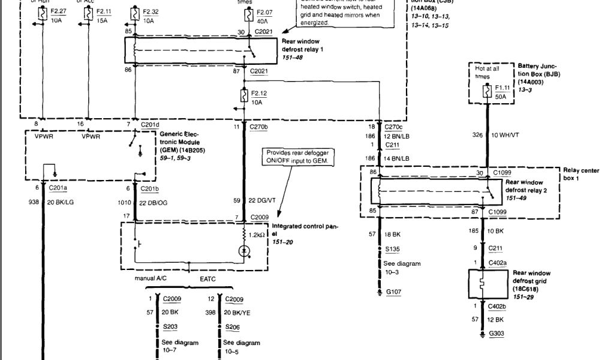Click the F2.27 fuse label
(x=59, y=11)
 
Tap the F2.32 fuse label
(x=151, y=11)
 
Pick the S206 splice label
(x=233, y=327)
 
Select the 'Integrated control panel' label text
(x=305, y=231)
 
